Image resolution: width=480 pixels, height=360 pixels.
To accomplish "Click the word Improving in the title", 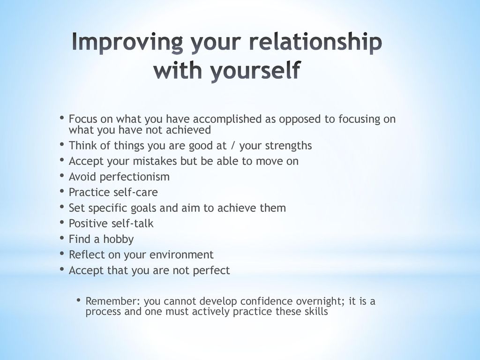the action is (x=127, y=43).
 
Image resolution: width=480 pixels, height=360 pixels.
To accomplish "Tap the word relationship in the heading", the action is (x=315, y=43).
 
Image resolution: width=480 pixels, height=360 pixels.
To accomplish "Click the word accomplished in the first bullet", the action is (x=227, y=119).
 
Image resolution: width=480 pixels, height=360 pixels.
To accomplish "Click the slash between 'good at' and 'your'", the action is (x=233, y=146).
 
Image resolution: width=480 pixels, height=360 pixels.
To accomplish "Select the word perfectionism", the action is (x=135, y=177).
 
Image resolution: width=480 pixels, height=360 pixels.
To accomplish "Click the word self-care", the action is (x=135, y=192).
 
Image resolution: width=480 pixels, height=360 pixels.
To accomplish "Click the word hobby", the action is (x=118, y=240).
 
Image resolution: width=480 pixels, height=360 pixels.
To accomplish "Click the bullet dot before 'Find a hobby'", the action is (x=62, y=238).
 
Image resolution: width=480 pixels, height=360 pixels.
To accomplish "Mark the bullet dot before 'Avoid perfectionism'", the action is (x=62, y=175).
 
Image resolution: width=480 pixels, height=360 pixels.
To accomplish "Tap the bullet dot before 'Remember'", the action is (x=79, y=300).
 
